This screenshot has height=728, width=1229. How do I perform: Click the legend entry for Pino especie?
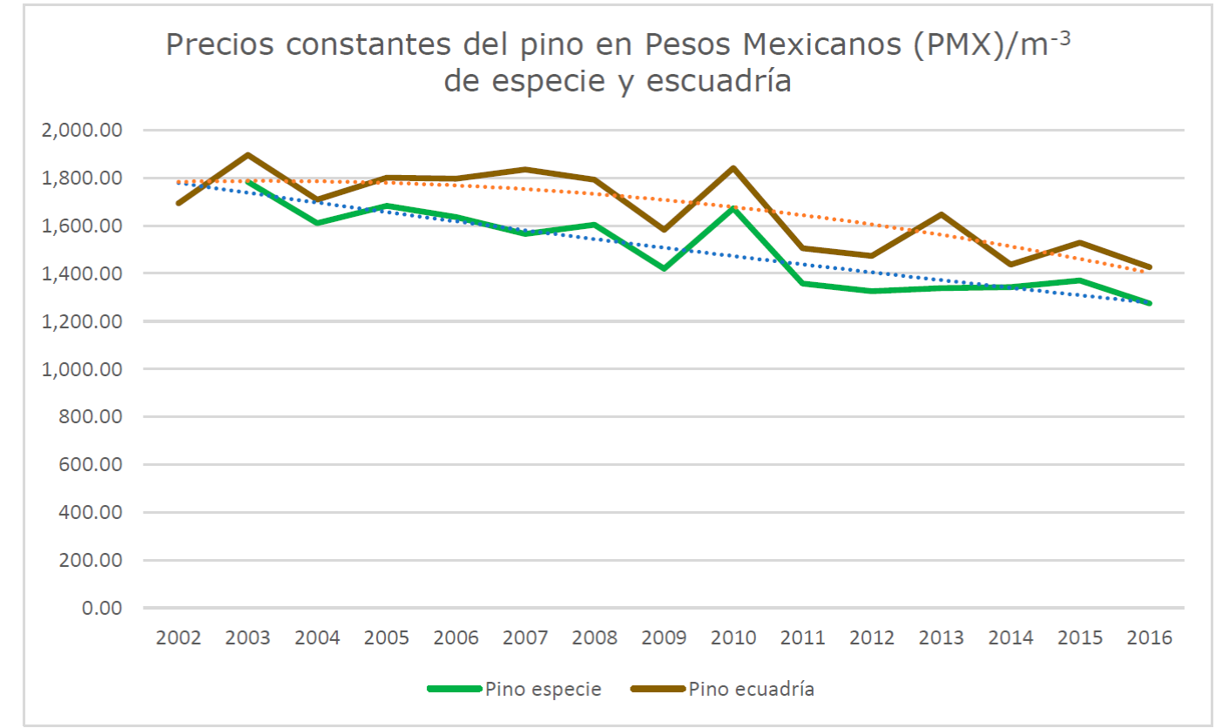coord(514,689)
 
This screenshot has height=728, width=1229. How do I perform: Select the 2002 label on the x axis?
coord(179,637)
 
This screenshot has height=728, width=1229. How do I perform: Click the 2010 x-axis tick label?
coord(733,637)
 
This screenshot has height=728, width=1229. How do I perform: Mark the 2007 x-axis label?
coord(525,637)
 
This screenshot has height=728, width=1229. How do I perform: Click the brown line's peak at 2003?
coord(248,155)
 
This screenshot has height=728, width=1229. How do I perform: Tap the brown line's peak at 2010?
coord(733,168)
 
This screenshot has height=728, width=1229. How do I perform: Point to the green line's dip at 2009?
coord(665,268)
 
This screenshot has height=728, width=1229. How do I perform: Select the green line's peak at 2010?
coord(733,208)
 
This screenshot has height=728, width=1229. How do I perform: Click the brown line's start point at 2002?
coord(179,203)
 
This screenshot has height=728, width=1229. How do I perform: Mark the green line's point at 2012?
coord(872,291)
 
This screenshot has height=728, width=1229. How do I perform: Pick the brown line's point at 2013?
coord(942,214)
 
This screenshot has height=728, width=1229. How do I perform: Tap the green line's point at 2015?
coord(1080,280)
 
